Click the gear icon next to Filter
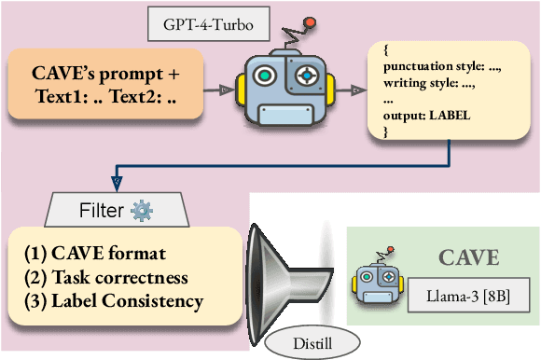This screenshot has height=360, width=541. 143,209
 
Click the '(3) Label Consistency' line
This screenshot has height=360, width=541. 114,300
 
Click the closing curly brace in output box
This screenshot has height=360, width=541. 385,134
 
